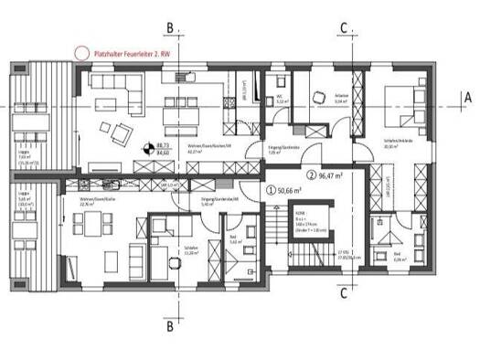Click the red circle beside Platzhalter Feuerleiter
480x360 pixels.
[x=81, y=55]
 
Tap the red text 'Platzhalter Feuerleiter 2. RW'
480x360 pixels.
[x=133, y=55]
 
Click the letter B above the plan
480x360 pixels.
[x=168, y=29]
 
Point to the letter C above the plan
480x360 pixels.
[x=342, y=29]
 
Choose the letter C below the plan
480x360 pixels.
[x=342, y=294]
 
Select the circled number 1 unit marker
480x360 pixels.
[x=270, y=190]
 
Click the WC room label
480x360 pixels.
[x=282, y=101]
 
